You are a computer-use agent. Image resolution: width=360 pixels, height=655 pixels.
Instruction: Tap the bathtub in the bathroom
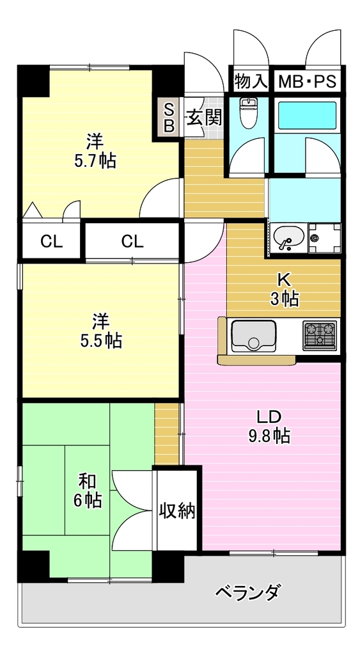[307, 115]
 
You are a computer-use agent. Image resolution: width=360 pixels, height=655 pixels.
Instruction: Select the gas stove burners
[320, 335]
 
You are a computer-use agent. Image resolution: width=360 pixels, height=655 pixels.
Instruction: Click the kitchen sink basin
[253, 335]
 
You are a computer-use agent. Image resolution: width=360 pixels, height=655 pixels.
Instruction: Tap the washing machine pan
[324, 239]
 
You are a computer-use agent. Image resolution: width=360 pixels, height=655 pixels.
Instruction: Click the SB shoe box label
[168, 118]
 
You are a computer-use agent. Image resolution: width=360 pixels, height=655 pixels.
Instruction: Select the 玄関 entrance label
[203, 118]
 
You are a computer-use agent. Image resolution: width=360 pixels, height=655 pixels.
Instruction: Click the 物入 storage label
[250, 81]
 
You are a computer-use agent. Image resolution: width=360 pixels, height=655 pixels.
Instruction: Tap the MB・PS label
[307, 81]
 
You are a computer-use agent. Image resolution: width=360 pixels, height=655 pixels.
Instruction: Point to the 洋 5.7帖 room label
[95, 150]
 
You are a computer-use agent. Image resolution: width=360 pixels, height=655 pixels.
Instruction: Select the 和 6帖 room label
[88, 491]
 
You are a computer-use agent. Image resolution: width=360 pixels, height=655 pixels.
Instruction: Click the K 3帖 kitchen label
[283, 290]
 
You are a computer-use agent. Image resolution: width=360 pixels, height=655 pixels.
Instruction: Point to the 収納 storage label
[177, 510]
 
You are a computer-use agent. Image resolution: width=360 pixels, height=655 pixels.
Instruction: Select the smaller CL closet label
[51, 241]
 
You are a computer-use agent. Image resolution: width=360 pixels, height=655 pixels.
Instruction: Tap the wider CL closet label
[132, 241]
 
